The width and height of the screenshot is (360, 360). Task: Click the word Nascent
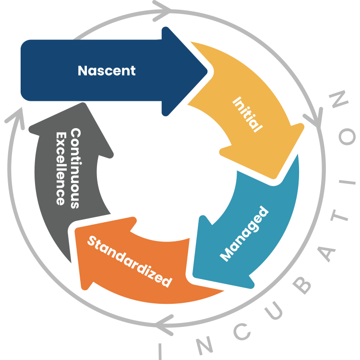(107, 71)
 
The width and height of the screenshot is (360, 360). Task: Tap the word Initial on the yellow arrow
(248, 115)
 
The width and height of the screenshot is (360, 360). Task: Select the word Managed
(244, 234)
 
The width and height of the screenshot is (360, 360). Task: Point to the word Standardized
(129, 261)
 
